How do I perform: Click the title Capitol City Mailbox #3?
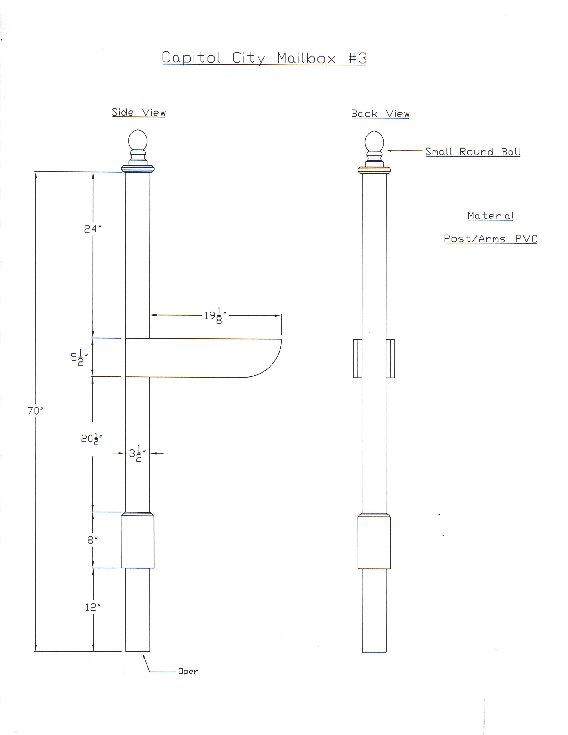pyautogui.click(x=264, y=58)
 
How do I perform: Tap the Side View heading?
pyautogui.click(x=139, y=112)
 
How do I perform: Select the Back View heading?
pyautogui.click(x=380, y=114)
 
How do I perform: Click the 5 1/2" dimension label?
pyautogui.click(x=79, y=358)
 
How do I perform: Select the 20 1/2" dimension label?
pyautogui.click(x=91, y=439)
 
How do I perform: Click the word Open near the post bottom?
pyautogui.click(x=188, y=671)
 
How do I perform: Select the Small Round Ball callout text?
pyautogui.click(x=473, y=152)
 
